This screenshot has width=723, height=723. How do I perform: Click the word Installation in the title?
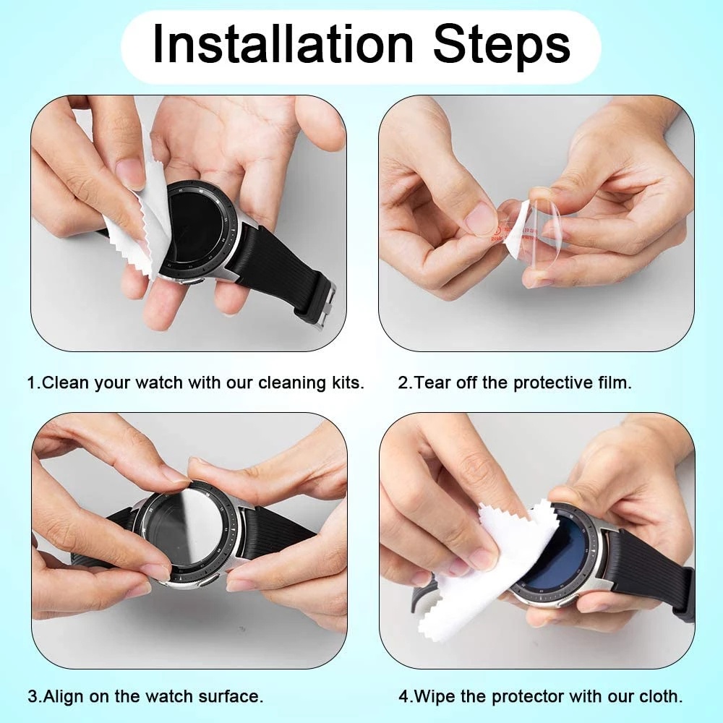click(x=282, y=45)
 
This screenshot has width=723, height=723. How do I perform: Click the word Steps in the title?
click(x=501, y=45)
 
